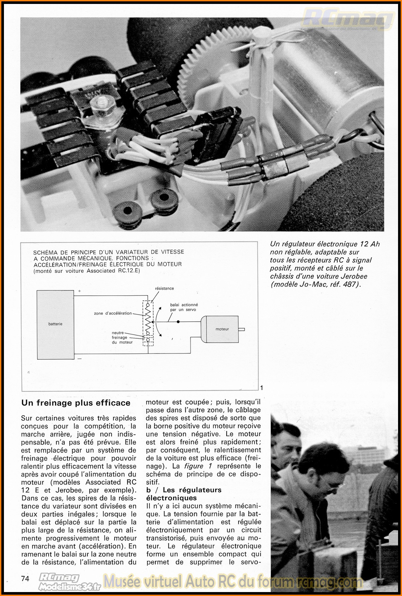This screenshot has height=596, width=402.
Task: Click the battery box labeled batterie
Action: [55, 324]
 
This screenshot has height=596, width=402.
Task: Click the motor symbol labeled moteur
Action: [222, 329]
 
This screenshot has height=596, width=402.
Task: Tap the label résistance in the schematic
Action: [165, 288]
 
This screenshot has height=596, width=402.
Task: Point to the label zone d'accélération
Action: [113, 313]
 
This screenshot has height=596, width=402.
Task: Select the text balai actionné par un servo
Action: [184, 307]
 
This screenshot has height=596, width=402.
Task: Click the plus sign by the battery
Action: [79, 291]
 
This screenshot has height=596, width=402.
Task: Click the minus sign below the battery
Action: [79, 359]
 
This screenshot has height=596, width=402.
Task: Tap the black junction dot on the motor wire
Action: [178, 322]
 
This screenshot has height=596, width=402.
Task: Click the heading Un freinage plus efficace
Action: [76, 403]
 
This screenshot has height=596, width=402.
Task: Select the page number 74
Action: [25, 579]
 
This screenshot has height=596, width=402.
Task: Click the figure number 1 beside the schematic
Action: [262, 388]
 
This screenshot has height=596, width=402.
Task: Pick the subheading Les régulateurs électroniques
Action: [184, 494]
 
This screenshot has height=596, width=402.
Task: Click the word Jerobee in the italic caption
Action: [354, 276]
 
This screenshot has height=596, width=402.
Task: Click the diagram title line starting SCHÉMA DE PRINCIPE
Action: [108, 252]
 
